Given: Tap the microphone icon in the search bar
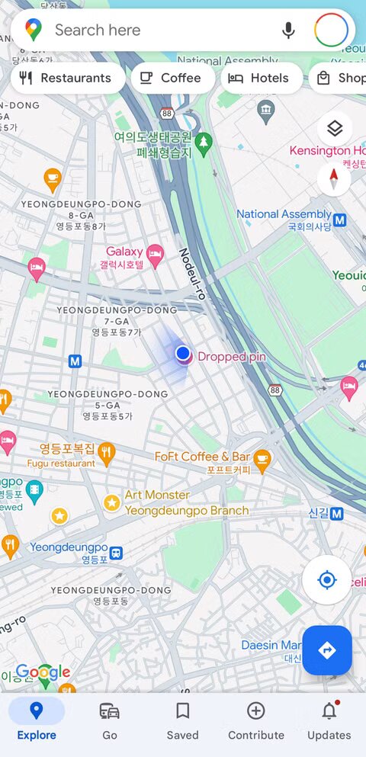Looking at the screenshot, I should [x=288, y=30].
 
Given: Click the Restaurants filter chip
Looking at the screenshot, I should [x=67, y=78].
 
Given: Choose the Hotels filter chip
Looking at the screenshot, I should [x=261, y=78].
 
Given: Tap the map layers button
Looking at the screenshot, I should [x=334, y=129].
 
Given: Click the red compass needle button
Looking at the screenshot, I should [x=334, y=179].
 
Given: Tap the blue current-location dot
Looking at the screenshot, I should [x=183, y=353].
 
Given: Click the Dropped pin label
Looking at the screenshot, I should [x=231, y=357].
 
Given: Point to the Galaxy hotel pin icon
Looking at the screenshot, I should [x=156, y=254].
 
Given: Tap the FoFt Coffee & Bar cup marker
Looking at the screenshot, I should [x=262, y=459].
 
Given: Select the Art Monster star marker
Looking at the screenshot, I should [x=112, y=502].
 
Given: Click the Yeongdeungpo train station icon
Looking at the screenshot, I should [x=116, y=552].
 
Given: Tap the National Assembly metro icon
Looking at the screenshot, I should [x=339, y=220].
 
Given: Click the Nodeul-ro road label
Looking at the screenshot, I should [x=193, y=274].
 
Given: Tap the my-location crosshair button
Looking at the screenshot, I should [x=326, y=580].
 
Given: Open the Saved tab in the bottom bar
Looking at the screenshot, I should [x=182, y=720].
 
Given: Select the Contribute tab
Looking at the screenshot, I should [x=255, y=720].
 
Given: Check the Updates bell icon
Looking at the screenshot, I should [x=329, y=712].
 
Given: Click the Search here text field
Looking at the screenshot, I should [x=152, y=30].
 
